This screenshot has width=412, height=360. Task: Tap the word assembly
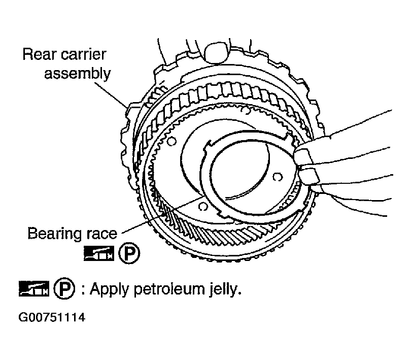tap(77, 73)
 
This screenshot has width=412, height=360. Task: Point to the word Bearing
tap(53, 234)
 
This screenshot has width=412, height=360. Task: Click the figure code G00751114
tap(51, 319)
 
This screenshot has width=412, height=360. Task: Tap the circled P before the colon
tap(67, 289)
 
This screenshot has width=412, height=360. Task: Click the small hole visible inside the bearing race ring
tap(276, 177)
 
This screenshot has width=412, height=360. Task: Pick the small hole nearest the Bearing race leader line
tap(202, 207)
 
